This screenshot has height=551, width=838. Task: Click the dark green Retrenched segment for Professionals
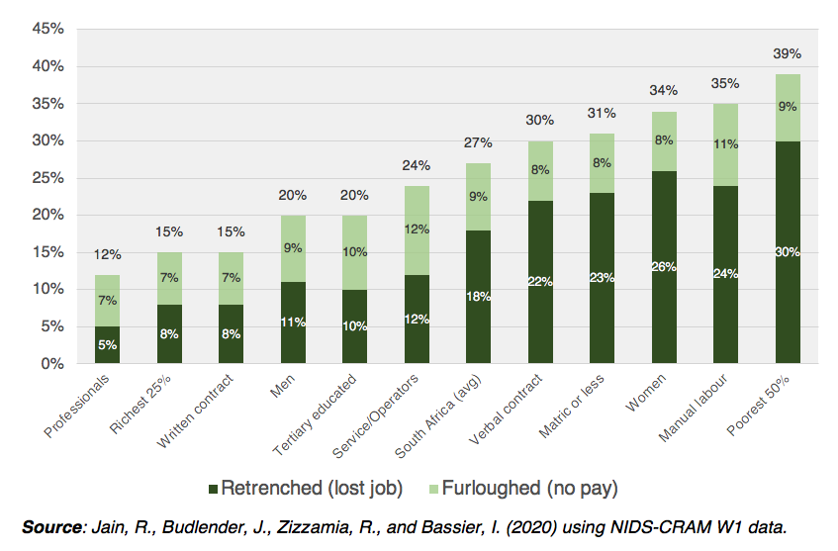tap(108, 345)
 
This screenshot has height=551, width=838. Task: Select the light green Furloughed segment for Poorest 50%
tap(788, 107)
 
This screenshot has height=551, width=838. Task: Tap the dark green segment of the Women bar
tap(664, 267)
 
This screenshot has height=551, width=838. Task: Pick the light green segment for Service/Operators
tap(417, 230)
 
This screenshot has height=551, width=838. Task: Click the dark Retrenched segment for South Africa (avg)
tap(479, 297)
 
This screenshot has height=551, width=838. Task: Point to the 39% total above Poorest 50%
tap(788, 53)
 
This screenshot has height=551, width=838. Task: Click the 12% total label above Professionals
tap(108, 255)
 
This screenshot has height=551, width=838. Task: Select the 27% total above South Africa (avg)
tap(479, 142)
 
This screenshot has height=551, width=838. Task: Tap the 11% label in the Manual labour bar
tap(726, 143)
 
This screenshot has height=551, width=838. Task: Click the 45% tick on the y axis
tap(47, 29)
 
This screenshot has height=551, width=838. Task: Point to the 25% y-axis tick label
tap(47, 178)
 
